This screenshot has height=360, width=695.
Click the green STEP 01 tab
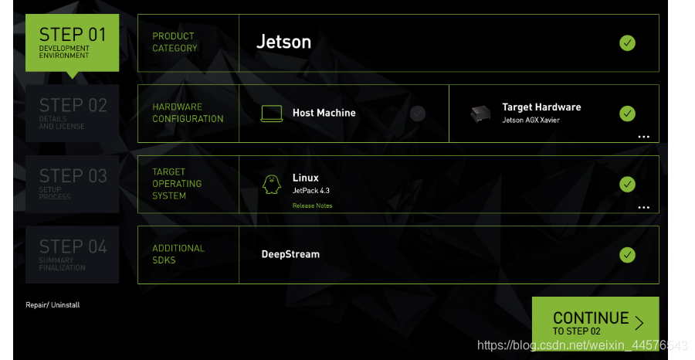[x=72, y=42]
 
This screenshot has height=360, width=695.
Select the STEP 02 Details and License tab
[x=72, y=113]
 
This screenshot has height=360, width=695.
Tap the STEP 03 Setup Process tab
[x=72, y=184]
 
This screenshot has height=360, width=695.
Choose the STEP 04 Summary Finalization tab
[x=72, y=254]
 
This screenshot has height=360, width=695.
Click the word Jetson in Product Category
[x=283, y=42]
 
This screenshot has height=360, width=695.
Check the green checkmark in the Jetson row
[x=627, y=43]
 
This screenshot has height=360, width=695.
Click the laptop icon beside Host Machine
[x=272, y=114]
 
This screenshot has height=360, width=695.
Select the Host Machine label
[x=324, y=113]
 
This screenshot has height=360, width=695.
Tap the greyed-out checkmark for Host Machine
[x=418, y=114]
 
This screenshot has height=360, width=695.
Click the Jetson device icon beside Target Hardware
[x=481, y=114]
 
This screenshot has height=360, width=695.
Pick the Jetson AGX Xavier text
[x=531, y=121]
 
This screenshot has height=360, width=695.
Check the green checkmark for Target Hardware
[x=627, y=114]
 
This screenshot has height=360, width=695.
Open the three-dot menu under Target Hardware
[x=643, y=137]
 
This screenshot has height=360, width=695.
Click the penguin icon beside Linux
[x=271, y=184]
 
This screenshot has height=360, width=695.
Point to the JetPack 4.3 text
[x=311, y=190]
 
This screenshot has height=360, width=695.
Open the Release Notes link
[x=312, y=205]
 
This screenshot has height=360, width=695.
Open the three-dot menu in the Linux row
[x=643, y=208]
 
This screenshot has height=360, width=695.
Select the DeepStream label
[x=290, y=254]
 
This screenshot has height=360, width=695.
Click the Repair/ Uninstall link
[x=53, y=305]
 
